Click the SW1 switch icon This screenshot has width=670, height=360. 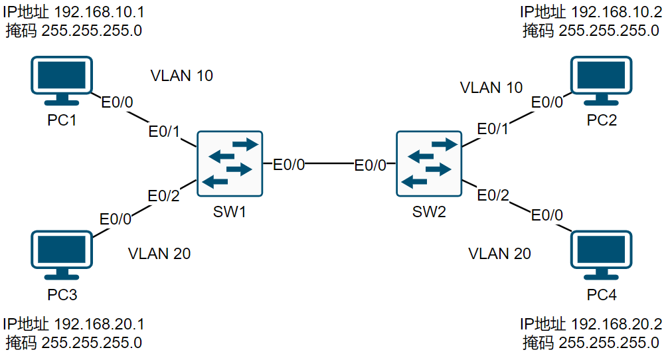pos(229,163)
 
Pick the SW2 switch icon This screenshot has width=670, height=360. pos(428,163)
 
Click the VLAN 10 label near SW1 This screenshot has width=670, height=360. pos(182,76)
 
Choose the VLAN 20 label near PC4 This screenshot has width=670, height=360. pos(499,253)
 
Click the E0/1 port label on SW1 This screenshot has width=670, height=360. pos(164,132)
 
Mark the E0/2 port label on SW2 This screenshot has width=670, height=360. pos(493,195)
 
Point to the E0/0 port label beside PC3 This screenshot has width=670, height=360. pos(116,219)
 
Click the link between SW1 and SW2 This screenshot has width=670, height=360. pos(329,163)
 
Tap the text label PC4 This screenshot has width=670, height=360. pos(602,295)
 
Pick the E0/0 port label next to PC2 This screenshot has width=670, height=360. pos(547,102)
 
